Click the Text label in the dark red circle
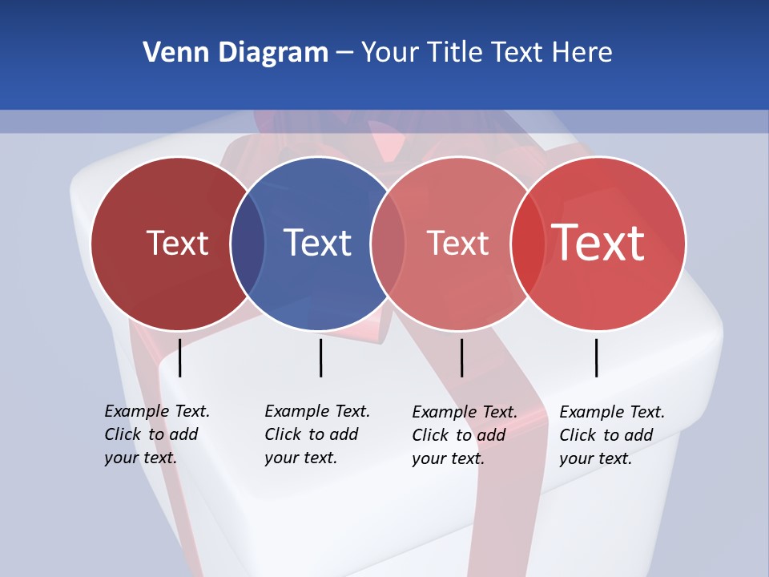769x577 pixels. pyautogui.click(x=177, y=243)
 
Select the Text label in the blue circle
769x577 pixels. pyautogui.click(x=318, y=243)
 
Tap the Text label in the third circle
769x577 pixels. pyautogui.click(x=457, y=243)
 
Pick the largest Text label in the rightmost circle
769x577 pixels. pyautogui.click(x=598, y=243)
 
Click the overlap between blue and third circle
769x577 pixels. pyautogui.click(x=388, y=244)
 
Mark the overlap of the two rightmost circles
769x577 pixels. pyautogui.click(x=528, y=244)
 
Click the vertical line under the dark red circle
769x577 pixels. pyautogui.click(x=180, y=357)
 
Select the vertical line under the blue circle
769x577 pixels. pyautogui.click(x=320, y=357)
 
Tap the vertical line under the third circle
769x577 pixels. pyautogui.click(x=461, y=357)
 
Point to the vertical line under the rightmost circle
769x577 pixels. pyautogui.click(x=596, y=357)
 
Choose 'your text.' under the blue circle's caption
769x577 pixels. pyautogui.click(x=300, y=458)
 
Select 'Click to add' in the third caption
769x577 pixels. pyautogui.click(x=458, y=435)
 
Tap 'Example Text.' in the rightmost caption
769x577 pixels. pyautogui.click(x=612, y=412)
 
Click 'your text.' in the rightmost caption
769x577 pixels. pyautogui.click(x=595, y=458)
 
